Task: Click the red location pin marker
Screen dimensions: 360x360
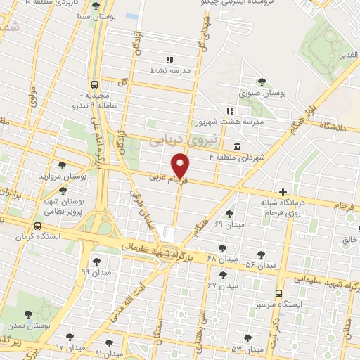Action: pyautogui.click(x=181, y=165)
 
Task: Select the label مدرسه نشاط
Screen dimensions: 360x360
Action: pyautogui.click(x=169, y=70)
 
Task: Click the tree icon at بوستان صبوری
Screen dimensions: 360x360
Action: pyautogui.click(x=262, y=82)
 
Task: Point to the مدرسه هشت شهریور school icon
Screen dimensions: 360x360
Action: pyautogui.click(x=229, y=111)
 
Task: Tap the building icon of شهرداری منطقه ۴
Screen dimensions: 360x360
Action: pyautogui.click(x=236, y=147)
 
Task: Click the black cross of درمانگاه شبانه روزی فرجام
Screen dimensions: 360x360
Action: pyautogui.click(x=283, y=192)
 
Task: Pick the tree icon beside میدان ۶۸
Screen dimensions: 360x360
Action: pyautogui.click(x=222, y=247)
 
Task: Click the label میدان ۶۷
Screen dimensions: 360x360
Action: pyautogui.click(x=221, y=285)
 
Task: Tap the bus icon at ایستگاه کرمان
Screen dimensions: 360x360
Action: pyautogui.click(x=37, y=226)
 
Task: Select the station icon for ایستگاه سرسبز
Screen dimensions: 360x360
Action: pyautogui.click(x=279, y=293)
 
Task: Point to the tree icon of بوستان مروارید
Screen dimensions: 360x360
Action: pyautogui.click(x=63, y=166)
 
